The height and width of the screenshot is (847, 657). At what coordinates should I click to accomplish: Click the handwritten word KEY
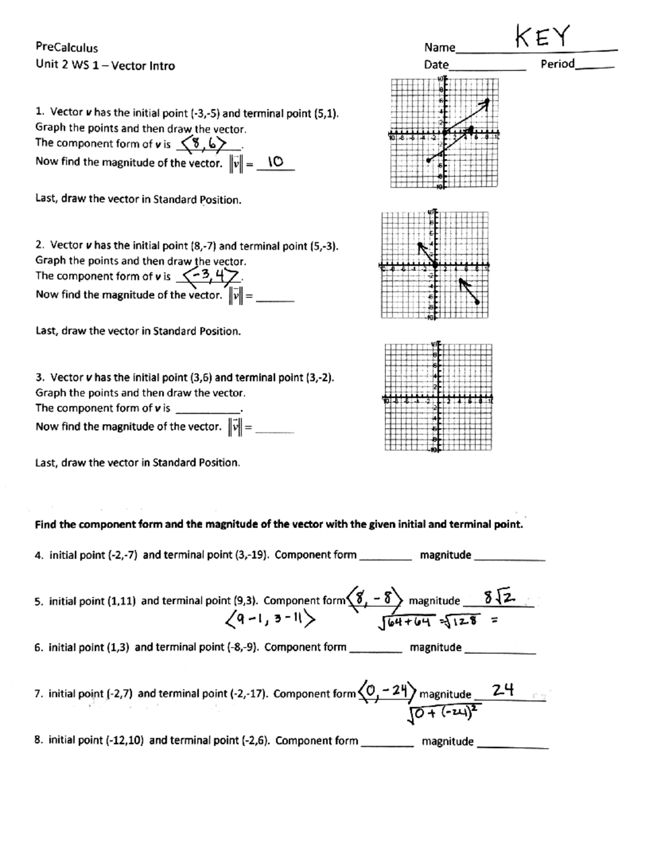[542, 37]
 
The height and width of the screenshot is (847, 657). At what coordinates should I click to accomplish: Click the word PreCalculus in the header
[66, 48]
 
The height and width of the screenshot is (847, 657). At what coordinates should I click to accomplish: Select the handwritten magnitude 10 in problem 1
[275, 162]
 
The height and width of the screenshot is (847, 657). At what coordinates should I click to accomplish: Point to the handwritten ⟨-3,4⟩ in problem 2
[211, 275]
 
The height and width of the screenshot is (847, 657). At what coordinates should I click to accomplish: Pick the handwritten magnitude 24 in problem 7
[503, 690]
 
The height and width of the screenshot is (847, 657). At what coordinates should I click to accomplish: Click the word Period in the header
[557, 64]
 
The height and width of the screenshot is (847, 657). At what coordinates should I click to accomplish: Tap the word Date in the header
[436, 65]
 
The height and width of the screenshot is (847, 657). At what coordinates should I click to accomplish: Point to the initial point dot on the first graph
[428, 160]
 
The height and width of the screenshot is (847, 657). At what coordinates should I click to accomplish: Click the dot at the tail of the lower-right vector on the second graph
[479, 302]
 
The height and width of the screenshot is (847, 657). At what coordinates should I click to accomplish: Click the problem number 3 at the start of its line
[39, 377]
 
